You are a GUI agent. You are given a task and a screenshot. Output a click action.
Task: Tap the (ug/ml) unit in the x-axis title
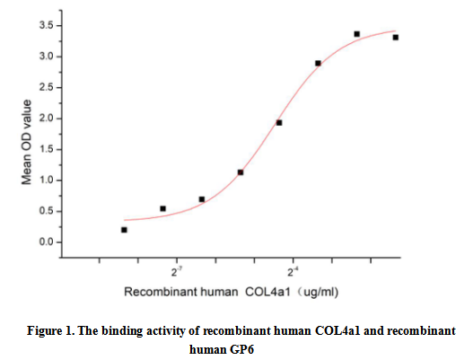pos(319,292)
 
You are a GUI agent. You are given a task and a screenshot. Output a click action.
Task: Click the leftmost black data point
pos(124,230)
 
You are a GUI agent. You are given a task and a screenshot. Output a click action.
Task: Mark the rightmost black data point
pos(395,38)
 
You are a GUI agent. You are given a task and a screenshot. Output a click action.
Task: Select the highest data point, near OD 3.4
pos(356,34)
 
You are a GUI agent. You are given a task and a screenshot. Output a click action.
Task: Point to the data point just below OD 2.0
pos(279,122)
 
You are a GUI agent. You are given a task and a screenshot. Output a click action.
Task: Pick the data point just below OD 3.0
pos(318,64)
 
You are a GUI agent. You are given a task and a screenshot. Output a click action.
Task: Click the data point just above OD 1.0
pos(241,172)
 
